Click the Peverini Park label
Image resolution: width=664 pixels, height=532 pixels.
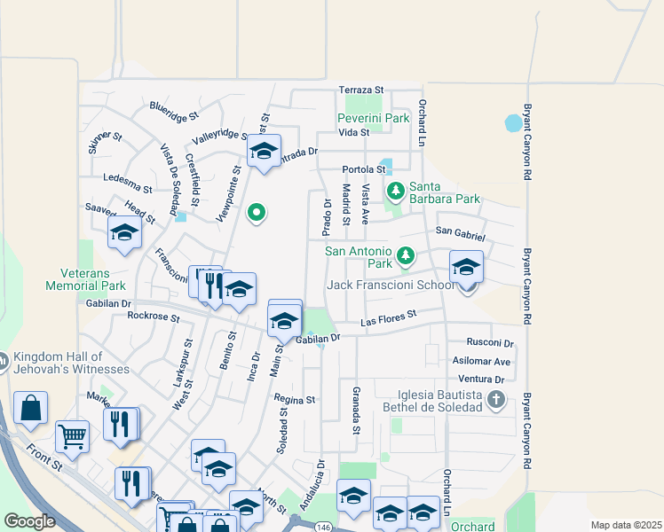373,118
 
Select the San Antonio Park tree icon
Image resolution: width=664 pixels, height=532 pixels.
406,255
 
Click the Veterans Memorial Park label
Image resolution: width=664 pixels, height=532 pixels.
86,279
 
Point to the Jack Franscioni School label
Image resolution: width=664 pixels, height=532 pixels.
390,285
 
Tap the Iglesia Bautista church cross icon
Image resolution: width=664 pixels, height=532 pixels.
497,401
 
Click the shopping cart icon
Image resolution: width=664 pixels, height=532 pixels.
71,435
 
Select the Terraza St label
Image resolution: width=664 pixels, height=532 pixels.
361,90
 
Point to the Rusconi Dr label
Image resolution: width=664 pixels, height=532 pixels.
491,343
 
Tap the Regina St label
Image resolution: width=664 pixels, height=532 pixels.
295,400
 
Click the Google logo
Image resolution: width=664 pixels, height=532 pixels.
29,521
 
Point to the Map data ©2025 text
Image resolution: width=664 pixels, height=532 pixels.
626,525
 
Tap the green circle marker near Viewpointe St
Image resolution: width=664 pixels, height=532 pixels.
257,212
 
